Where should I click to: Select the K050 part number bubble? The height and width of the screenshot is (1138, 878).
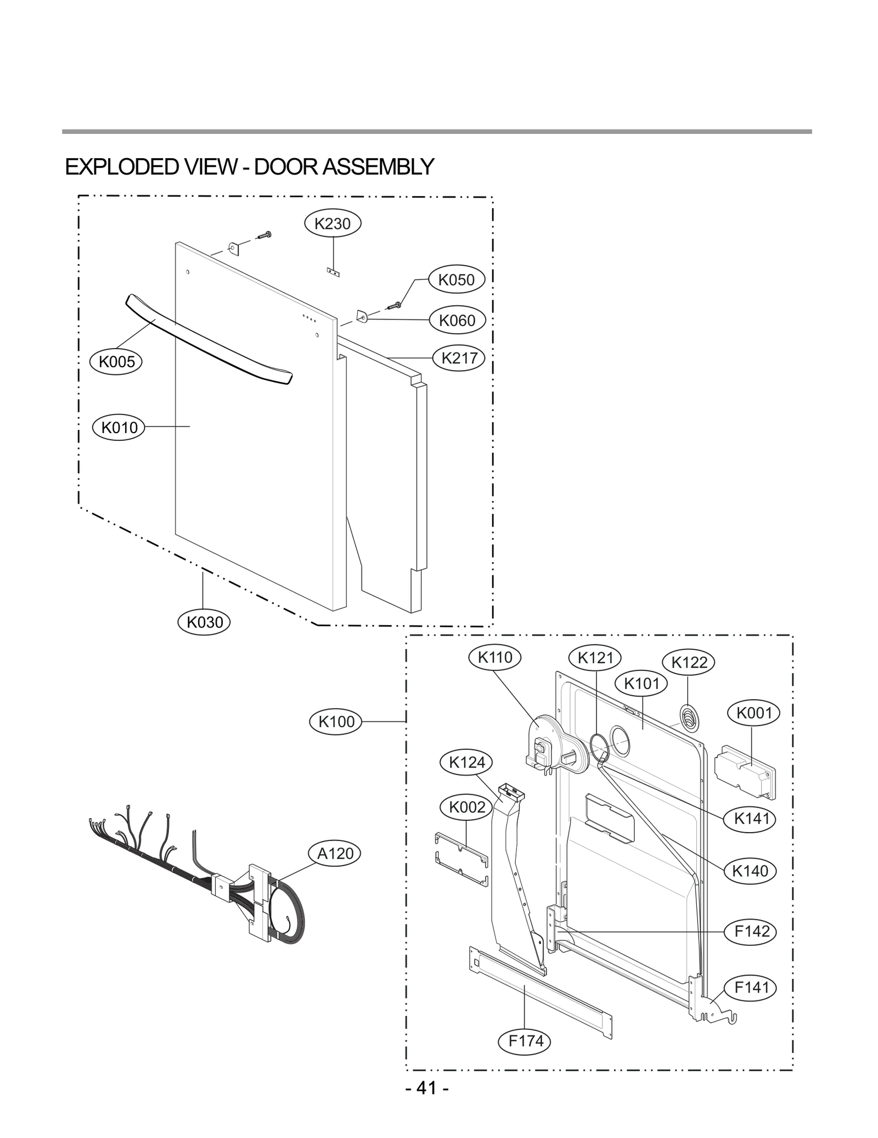click(457, 279)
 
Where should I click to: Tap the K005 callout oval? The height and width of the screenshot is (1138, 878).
click(116, 361)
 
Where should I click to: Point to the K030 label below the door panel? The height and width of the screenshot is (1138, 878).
click(205, 622)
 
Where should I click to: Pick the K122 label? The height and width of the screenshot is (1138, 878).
click(689, 663)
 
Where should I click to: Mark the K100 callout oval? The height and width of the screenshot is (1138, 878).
click(336, 721)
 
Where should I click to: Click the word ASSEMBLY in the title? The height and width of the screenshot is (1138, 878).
click(378, 166)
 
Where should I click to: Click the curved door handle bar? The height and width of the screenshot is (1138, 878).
click(209, 339)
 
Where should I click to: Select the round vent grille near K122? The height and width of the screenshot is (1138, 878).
click(690, 717)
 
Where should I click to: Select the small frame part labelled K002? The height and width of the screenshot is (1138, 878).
click(460, 859)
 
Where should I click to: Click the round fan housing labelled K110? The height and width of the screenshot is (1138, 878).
click(551, 744)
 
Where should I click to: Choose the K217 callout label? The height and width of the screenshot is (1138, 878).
click(459, 358)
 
